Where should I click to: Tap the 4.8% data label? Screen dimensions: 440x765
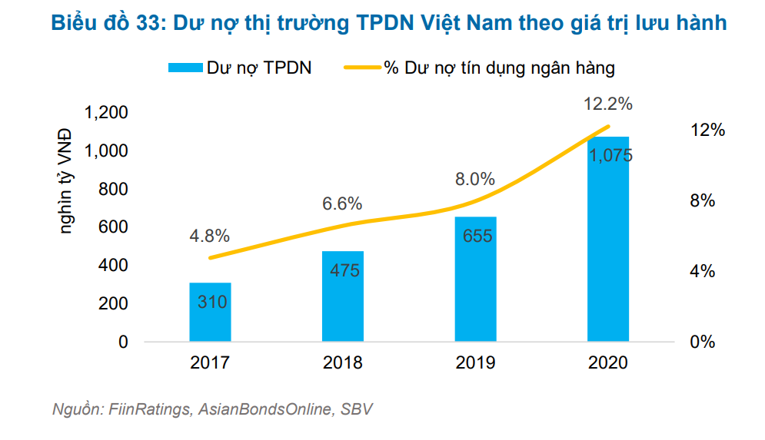(x=209, y=236)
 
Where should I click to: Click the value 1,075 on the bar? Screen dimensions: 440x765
(x=610, y=155)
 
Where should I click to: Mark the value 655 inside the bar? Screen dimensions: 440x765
(x=477, y=236)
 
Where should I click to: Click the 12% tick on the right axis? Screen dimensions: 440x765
(x=708, y=131)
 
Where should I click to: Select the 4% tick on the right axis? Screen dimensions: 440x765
(x=703, y=271)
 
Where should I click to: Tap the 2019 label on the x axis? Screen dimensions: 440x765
(x=475, y=363)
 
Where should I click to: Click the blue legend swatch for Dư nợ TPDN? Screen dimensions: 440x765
(x=185, y=68)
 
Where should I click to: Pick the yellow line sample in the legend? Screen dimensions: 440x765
(x=360, y=68)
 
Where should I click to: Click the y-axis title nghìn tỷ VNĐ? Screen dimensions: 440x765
(x=67, y=180)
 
